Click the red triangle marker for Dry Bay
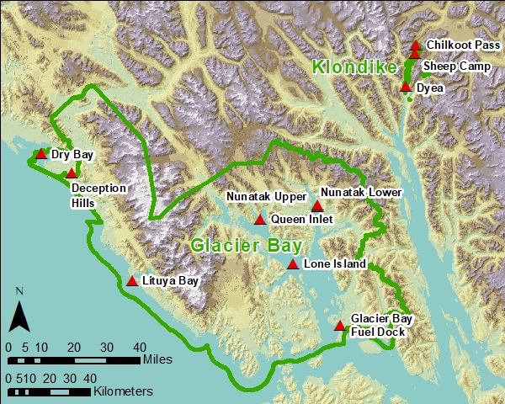[41, 154]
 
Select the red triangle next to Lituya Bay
[132, 281]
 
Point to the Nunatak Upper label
[267, 197]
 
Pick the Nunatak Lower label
[361, 192]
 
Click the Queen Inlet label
[302, 220]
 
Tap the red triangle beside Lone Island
[292, 264]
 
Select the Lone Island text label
[334, 264]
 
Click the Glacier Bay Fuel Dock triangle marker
[340, 326]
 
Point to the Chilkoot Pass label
[464, 45]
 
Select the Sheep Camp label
[456, 66]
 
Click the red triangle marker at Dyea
[406, 87]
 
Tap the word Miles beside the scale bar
[158, 359]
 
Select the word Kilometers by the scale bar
[123, 391]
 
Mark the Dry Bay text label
[72, 155]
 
